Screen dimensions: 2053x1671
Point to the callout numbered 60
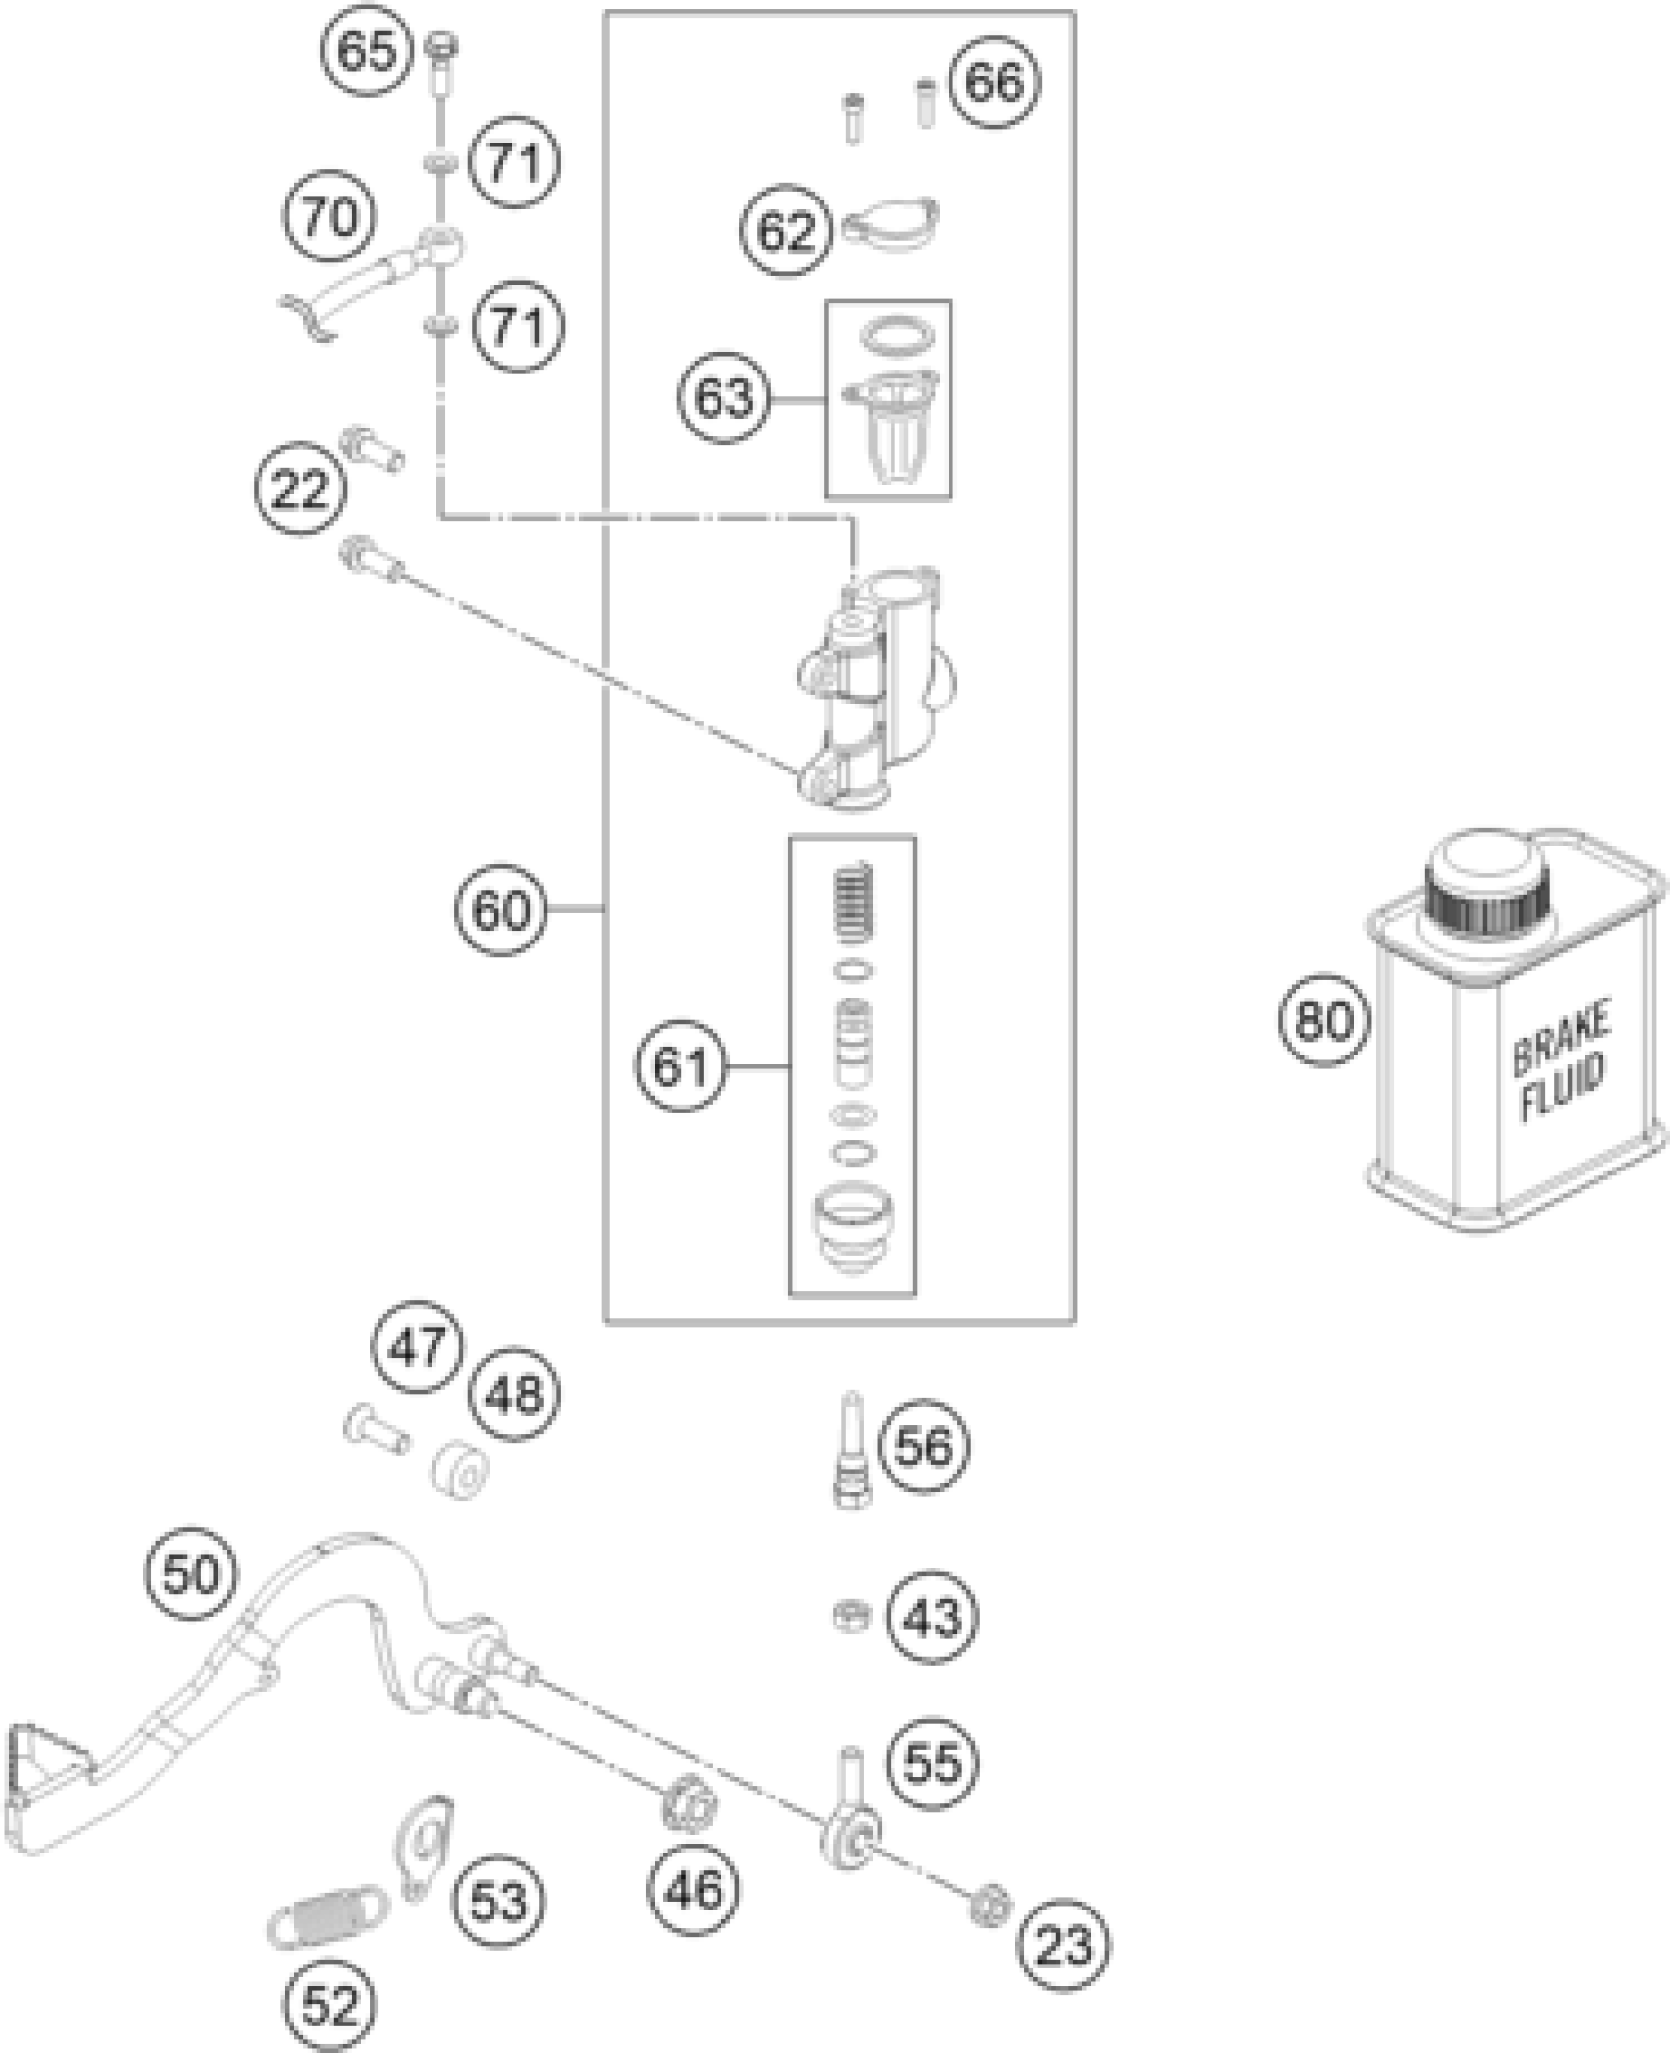499,910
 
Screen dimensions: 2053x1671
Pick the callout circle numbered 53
499,1903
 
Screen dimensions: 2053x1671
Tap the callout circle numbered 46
694,1890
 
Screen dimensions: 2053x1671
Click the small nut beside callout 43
848,1616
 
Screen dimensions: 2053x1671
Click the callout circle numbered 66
994,83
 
